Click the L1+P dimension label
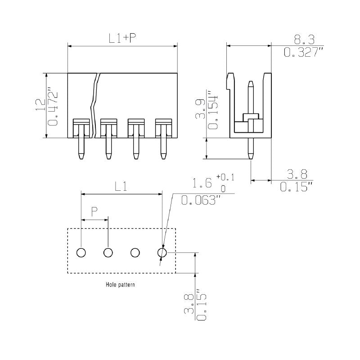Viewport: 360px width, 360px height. click(122, 38)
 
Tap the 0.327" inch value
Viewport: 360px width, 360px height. click(303, 52)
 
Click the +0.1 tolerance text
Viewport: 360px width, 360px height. click(226, 177)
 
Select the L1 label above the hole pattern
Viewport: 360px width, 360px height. click(121, 186)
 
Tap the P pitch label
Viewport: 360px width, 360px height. click(94, 211)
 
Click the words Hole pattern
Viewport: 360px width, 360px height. click(120, 284)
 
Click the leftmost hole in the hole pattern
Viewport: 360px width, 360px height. click(81, 253)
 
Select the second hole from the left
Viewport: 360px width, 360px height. click(108, 253)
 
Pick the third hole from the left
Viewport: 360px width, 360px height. click(135, 253)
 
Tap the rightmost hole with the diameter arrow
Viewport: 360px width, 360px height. click(162, 253)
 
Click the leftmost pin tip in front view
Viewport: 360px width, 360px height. click(81, 157)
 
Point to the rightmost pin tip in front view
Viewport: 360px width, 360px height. click(163, 157)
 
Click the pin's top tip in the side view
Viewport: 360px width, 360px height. click(251, 83)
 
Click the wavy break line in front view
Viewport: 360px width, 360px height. click(94, 106)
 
